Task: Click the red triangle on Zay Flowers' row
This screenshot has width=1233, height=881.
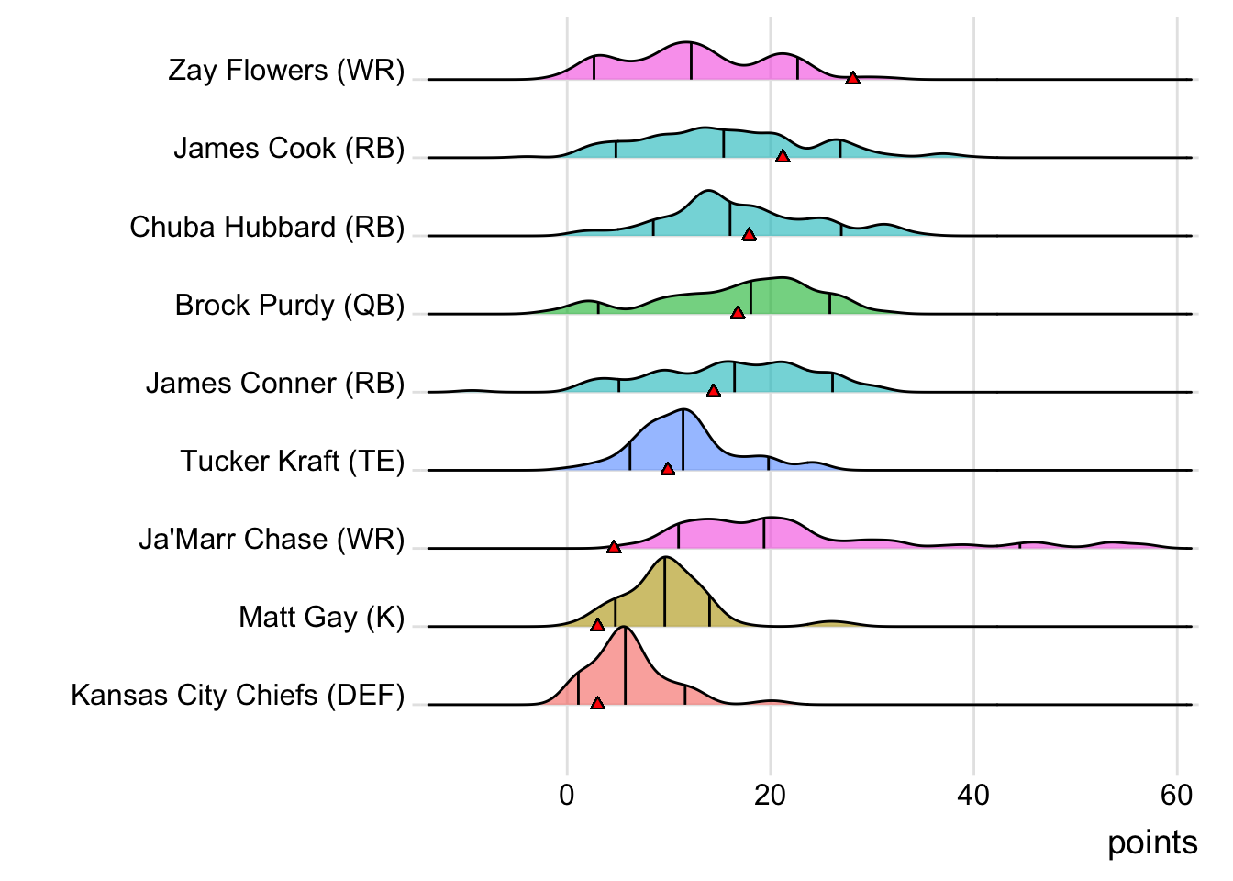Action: [x=852, y=79]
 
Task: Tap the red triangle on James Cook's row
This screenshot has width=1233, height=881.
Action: [x=783, y=157]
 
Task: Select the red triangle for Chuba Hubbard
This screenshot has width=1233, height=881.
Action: [x=749, y=235]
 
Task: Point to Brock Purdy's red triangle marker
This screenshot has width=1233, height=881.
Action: [x=738, y=313]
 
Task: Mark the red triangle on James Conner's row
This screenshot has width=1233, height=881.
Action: [x=713, y=391]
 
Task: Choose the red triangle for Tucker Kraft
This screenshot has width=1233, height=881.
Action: [x=668, y=469]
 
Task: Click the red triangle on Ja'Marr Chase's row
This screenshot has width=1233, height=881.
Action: [x=614, y=547]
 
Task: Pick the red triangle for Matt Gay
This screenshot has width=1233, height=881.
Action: [x=597, y=625]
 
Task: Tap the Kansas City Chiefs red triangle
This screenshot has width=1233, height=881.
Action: [x=597, y=703]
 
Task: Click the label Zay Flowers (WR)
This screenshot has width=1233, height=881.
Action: [x=286, y=71]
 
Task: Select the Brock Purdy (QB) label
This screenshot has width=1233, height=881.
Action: [x=290, y=305]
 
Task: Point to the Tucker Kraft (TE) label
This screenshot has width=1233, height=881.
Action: [x=292, y=461]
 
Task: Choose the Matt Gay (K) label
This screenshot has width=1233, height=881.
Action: [x=321, y=617]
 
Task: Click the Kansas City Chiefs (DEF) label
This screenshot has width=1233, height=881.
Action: [x=238, y=695]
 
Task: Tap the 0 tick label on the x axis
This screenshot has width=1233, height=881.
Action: [x=567, y=795]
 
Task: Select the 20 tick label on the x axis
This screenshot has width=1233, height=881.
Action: [x=770, y=795]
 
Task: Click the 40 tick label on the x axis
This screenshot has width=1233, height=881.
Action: [x=973, y=795]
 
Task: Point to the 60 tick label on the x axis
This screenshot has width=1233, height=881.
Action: [x=1176, y=795]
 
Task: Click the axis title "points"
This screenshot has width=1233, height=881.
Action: [x=1152, y=842]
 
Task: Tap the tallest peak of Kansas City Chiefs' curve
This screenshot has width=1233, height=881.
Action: [x=624, y=627]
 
